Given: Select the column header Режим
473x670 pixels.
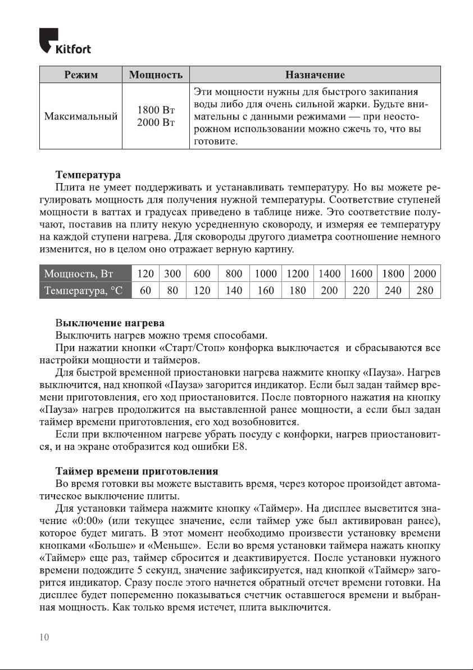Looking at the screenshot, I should click(x=80, y=75).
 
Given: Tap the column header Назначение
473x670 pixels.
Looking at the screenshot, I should click(x=315, y=75).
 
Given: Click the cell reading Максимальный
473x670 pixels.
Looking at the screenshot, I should click(x=80, y=117).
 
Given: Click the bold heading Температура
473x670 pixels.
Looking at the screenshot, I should click(x=88, y=174).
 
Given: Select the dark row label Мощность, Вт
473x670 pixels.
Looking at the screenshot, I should click(x=79, y=274).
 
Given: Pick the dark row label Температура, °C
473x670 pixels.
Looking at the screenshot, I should click(x=84, y=290).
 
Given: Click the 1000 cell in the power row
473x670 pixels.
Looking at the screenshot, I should click(x=266, y=274).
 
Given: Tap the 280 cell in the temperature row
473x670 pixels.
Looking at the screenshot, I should click(x=425, y=290).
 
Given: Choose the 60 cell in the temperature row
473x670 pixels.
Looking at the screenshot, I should click(x=145, y=290).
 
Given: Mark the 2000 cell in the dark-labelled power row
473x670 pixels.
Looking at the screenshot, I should click(x=425, y=274).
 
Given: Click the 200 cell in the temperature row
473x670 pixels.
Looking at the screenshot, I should click(x=329, y=290).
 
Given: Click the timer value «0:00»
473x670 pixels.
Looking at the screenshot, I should click(x=90, y=520).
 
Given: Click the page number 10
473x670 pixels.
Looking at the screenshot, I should click(x=45, y=637).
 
